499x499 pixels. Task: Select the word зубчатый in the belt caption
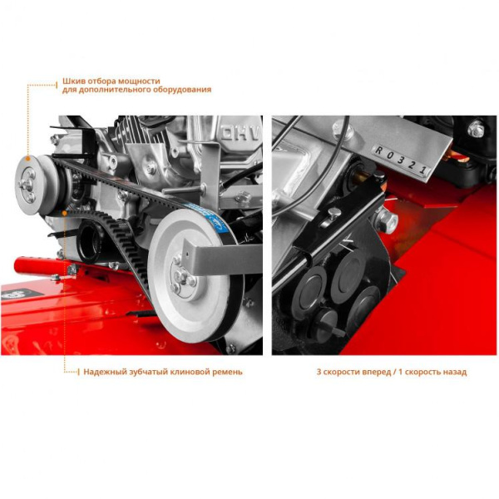tap(148, 372)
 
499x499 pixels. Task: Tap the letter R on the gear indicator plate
tap(378, 151)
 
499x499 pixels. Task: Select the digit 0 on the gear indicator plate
tap(389, 155)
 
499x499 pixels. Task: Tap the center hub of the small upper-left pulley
tap(27, 185)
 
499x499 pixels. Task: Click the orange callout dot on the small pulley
tap(28, 158)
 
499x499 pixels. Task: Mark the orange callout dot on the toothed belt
tap(65, 212)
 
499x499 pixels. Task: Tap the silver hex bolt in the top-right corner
tap(476, 128)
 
